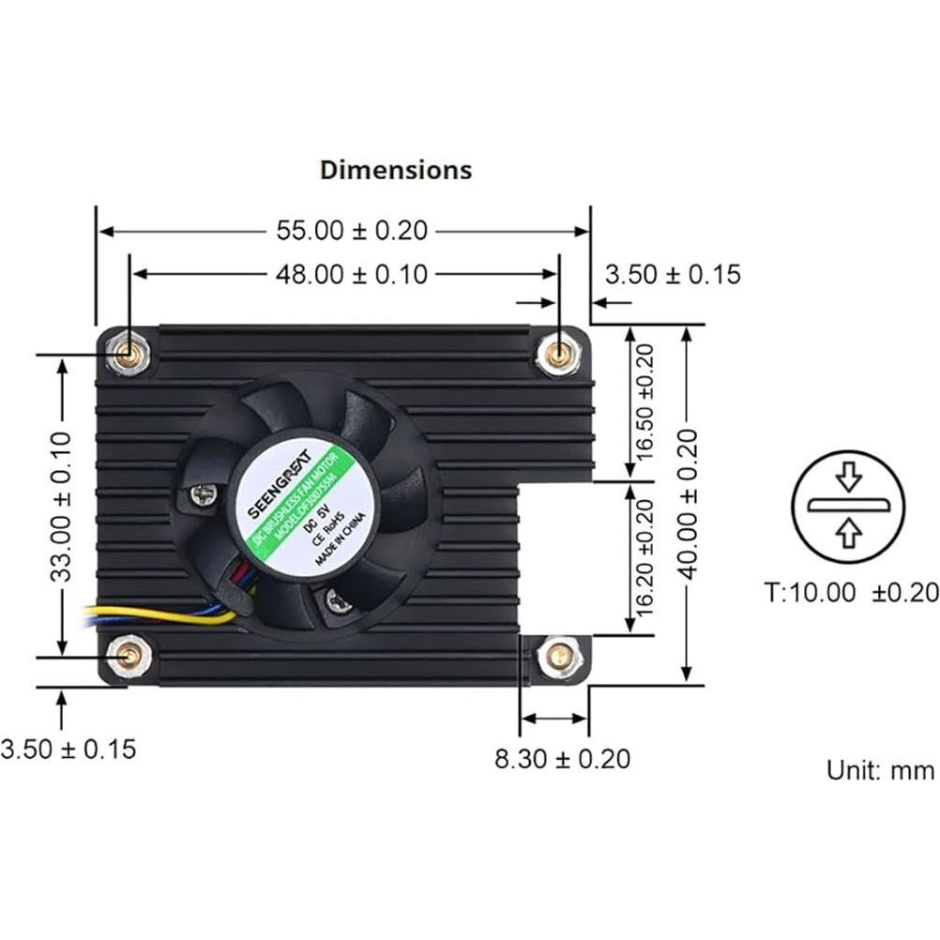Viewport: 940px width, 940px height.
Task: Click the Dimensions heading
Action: tap(396, 170)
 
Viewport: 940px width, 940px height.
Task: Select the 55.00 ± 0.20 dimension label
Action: tap(351, 230)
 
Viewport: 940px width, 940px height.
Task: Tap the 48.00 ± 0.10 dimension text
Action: tap(351, 274)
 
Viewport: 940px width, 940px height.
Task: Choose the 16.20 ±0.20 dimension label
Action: tap(644, 557)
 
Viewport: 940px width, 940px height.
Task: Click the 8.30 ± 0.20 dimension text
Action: tap(562, 758)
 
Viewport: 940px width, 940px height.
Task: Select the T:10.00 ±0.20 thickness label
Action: tap(850, 592)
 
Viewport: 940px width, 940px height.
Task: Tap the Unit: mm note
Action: tap(880, 770)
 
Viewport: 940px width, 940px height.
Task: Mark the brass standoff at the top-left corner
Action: tap(127, 354)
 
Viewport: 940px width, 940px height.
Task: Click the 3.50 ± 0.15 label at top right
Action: tap(673, 274)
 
